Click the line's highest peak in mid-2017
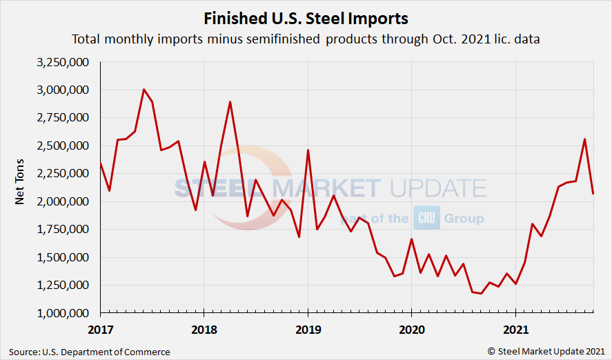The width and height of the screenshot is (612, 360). pyautogui.click(x=144, y=90)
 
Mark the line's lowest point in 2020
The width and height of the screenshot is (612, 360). pyautogui.click(x=481, y=294)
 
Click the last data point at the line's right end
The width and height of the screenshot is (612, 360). pyautogui.click(x=593, y=193)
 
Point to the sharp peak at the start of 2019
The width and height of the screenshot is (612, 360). pyautogui.click(x=308, y=150)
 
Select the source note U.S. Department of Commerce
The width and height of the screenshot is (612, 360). pyautogui.click(x=90, y=352)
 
